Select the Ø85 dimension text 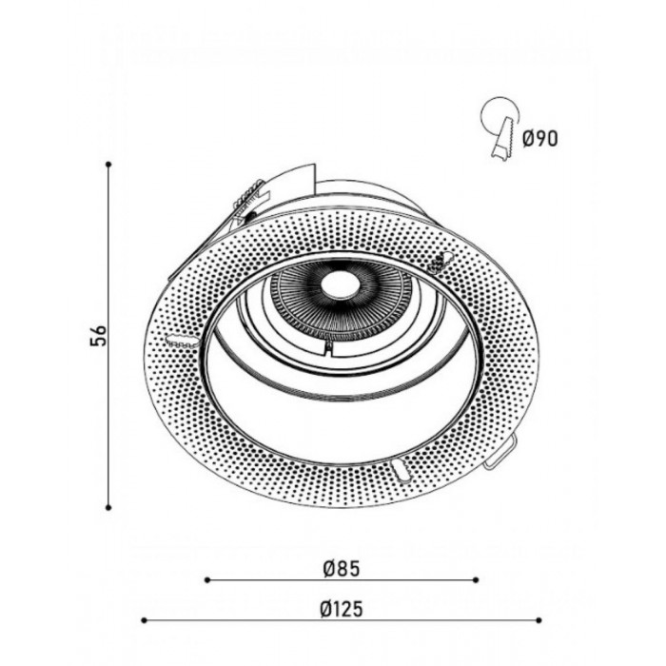tap(341, 568)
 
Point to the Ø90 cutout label tap(540, 139)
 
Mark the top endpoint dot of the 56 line tap(110, 165)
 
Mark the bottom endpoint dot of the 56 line tap(110, 507)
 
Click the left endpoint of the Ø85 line tap(207, 578)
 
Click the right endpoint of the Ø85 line tap(477, 578)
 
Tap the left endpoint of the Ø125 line tap(143, 619)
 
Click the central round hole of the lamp tap(337, 282)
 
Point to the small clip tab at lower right tap(499, 459)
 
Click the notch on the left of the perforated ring tap(178, 339)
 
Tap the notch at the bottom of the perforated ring tap(400, 470)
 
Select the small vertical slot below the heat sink tap(329, 349)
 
